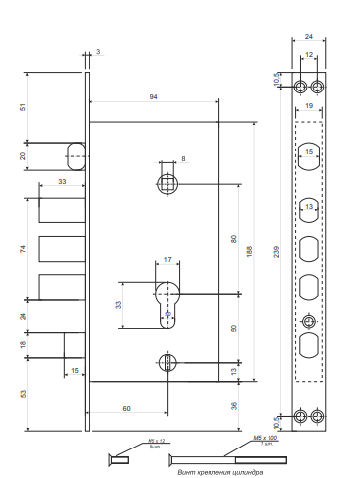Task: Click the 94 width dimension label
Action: tap(153, 96)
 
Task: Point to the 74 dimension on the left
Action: tap(24, 250)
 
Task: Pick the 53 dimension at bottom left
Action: tap(24, 393)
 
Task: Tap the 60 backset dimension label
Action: tap(128, 406)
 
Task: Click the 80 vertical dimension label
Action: tap(233, 238)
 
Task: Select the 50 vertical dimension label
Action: tap(233, 328)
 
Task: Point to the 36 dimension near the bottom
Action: tap(233, 405)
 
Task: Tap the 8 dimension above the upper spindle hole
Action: tap(182, 157)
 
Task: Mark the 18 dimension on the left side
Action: tap(24, 345)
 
